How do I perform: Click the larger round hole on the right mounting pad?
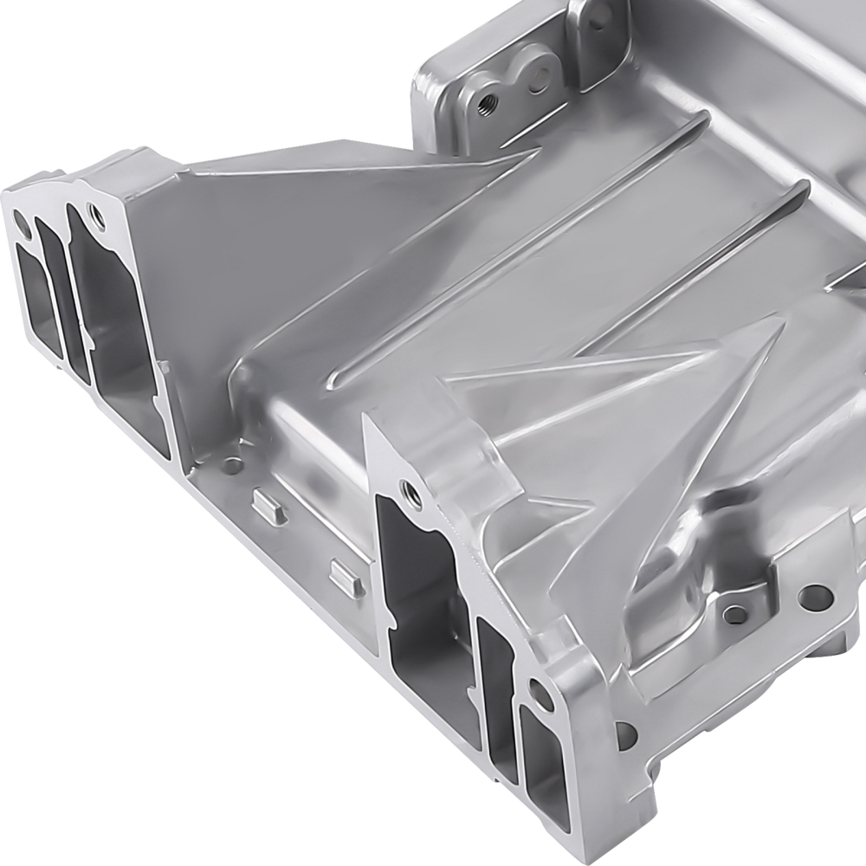click(x=812, y=596)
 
